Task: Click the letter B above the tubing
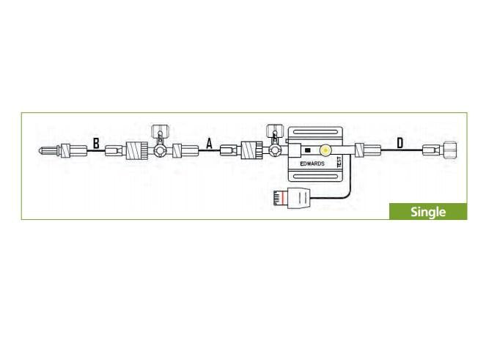[x=95, y=144]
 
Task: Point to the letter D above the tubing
[x=400, y=143]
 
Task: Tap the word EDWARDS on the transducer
[x=312, y=164]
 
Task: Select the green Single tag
[x=427, y=212]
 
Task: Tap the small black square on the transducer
[x=307, y=151]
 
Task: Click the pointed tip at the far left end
[x=42, y=152]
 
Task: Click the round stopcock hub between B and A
[x=159, y=152]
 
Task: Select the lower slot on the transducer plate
[x=315, y=177]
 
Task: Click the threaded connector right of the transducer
[x=361, y=151]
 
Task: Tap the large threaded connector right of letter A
[x=251, y=152]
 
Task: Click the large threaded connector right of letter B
[x=137, y=152]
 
